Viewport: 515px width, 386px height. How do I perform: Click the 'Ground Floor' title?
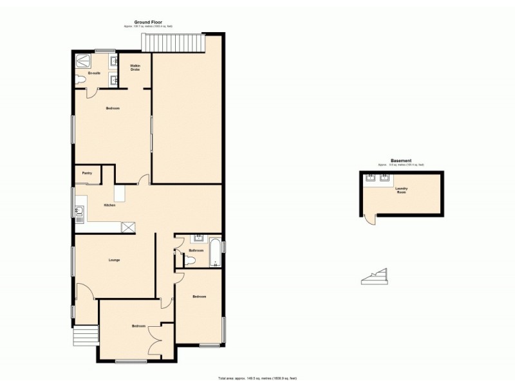(148, 22)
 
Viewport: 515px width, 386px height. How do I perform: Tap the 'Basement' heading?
(401, 161)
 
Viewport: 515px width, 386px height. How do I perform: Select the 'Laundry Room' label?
(401, 190)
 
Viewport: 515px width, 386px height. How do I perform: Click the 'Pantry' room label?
(87, 172)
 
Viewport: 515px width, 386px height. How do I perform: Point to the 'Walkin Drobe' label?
(135, 68)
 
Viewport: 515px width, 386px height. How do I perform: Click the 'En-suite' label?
(95, 73)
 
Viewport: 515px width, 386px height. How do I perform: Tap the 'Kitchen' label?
(110, 205)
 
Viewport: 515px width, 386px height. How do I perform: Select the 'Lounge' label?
(114, 259)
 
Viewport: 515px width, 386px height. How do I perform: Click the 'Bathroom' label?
(196, 250)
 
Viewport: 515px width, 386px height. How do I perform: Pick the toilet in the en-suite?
(79, 80)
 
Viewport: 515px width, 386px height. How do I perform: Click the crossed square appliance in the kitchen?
(129, 226)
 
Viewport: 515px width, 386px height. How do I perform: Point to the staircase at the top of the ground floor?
(173, 43)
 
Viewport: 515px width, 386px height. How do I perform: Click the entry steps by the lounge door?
(84, 335)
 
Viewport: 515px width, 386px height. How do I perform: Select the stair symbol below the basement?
(375, 277)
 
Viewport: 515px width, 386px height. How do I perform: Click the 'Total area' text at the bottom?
(257, 378)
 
